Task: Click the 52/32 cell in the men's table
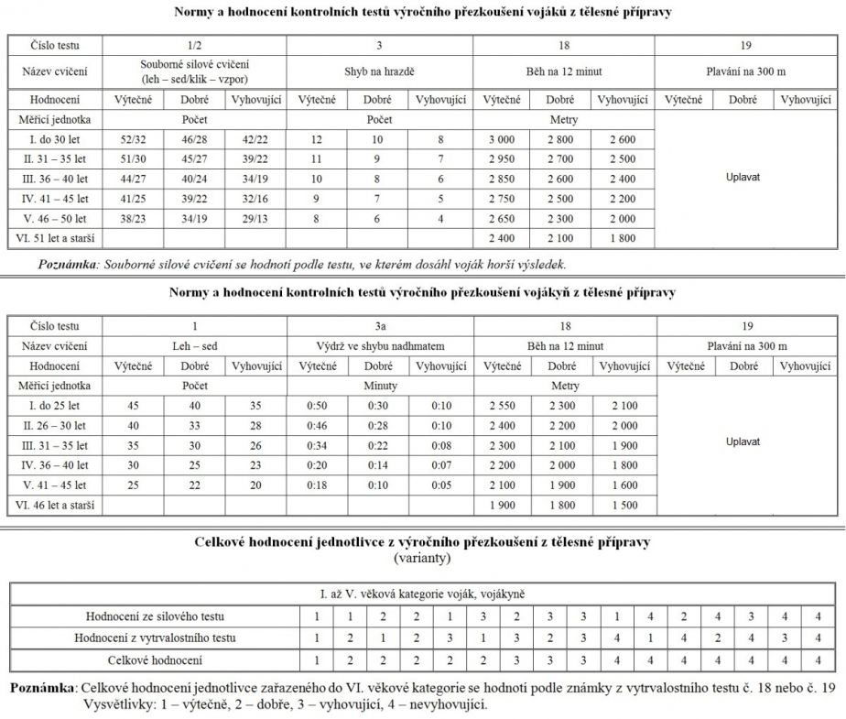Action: point(133,138)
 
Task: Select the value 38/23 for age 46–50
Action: point(133,219)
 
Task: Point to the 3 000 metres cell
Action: point(503,138)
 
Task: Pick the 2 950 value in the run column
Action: point(503,158)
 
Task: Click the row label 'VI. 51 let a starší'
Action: point(55,239)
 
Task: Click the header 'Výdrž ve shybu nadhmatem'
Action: point(380,346)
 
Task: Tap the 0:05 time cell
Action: point(440,485)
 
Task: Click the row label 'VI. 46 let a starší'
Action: point(55,505)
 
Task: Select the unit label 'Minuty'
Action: point(380,386)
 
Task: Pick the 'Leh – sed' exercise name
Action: point(194,346)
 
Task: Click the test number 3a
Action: point(380,326)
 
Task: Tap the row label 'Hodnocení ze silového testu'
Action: point(155,616)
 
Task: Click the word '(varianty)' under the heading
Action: point(422,556)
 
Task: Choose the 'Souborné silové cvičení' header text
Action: point(194,64)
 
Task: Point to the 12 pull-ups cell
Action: point(318,138)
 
